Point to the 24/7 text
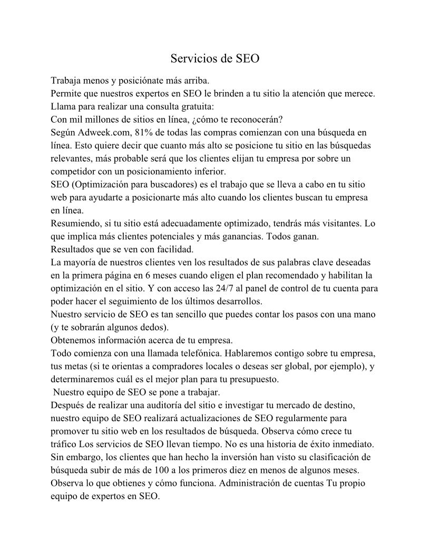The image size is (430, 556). pyautogui.click(x=224, y=288)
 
